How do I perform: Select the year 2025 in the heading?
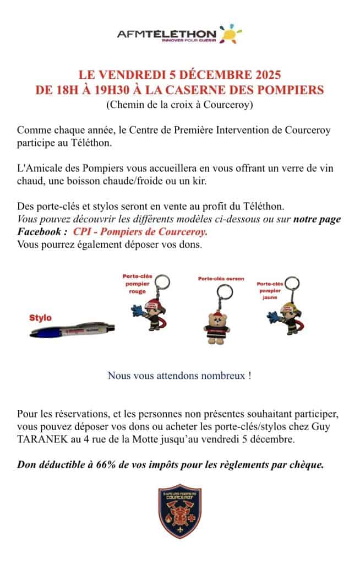click(x=266, y=74)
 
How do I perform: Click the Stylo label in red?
click(x=41, y=318)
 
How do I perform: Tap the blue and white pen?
click(x=73, y=330)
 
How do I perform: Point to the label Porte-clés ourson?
click(x=221, y=279)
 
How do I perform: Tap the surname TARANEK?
click(x=41, y=440)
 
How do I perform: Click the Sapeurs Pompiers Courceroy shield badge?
click(x=180, y=511)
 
